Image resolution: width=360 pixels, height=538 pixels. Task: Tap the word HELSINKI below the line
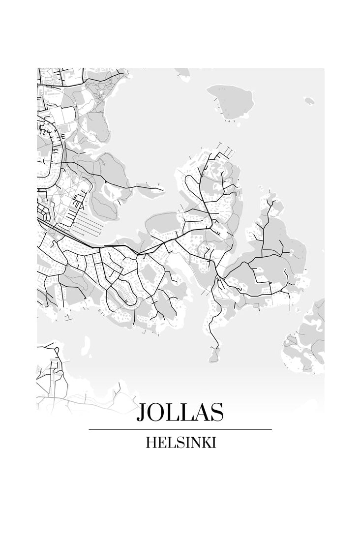click(x=181, y=443)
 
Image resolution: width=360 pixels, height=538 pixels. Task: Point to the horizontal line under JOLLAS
click(x=180, y=429)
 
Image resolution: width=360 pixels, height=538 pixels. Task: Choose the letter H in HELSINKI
click(x=151, y=443)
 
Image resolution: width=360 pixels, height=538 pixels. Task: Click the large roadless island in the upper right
click(x=232, y=101)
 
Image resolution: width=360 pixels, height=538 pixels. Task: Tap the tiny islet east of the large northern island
click(x=309, y=100)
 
